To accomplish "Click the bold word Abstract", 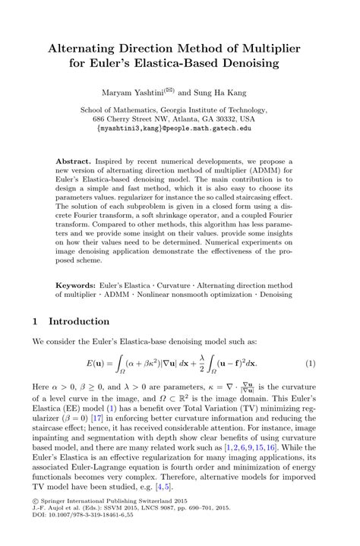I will [x=74, y=163].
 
